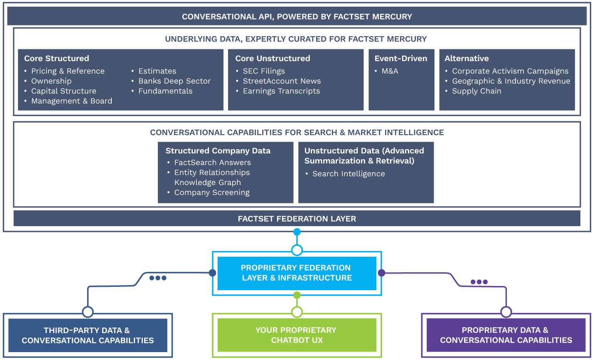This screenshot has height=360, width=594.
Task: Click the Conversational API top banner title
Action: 297,17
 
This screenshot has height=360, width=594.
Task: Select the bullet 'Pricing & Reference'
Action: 68,71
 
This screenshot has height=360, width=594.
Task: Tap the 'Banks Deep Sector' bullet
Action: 174,81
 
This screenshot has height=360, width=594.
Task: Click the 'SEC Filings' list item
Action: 264,71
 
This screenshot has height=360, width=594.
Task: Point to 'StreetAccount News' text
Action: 282,81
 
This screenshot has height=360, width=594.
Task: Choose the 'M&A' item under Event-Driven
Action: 390,71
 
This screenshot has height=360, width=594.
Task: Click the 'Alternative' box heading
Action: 466,59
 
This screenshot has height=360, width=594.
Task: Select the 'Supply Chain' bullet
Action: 476,91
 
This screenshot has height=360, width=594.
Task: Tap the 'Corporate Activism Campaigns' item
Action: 510,71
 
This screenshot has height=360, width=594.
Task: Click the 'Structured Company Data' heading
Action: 218,151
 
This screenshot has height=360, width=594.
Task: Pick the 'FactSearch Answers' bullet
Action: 212,163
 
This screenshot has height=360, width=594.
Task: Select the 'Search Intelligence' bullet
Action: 349,174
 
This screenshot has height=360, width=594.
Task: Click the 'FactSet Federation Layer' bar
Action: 297,219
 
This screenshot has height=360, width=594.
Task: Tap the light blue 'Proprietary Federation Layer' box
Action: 297,273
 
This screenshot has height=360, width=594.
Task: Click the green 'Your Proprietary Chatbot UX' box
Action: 297,335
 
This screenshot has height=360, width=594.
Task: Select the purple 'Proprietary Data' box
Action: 506,335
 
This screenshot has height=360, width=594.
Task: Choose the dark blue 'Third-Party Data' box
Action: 88,335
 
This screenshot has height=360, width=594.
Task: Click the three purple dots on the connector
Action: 479,282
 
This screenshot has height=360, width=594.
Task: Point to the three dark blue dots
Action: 158,278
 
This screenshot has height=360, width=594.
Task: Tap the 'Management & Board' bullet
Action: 71,101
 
